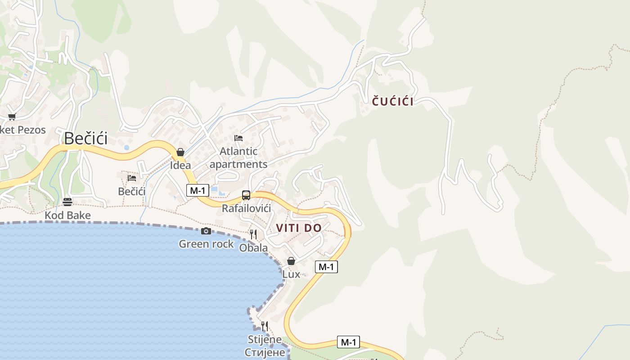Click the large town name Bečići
(85, 138)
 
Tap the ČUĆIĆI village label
(392, 102)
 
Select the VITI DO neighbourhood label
(299, 228)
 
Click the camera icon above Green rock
(206, 231)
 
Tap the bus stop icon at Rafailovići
(246, 195)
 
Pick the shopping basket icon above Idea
(180, 152)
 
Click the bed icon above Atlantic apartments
(238, 138)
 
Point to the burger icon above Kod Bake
(67, 202)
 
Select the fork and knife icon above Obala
(253, 234)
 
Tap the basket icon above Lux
(291, 261)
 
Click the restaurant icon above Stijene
(265, 326)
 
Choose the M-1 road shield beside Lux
(326, 267)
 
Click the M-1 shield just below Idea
(198, 190)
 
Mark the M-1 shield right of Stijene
(348, 342)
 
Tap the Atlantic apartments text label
(238, 157)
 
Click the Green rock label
(206, 244)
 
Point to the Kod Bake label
(67, 215)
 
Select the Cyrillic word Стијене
(265, 352)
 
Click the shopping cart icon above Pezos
(12, 117)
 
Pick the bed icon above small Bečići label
(132, 178)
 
